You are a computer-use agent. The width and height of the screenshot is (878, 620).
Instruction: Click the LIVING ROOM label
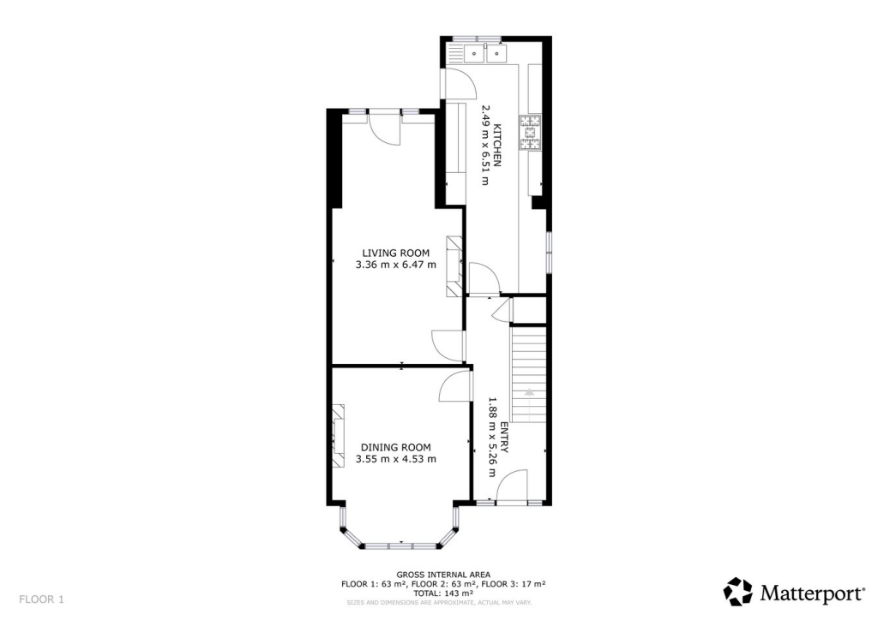[x=395, y=253]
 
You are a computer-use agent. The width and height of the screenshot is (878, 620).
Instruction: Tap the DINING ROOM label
[x=395, y=447]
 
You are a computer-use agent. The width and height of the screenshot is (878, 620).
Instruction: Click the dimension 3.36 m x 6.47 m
[x=395, y=265]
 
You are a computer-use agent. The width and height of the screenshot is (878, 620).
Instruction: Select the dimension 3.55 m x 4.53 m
[x=395, y=460]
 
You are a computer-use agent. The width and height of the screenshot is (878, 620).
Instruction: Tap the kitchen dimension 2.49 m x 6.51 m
[x=485, y=146]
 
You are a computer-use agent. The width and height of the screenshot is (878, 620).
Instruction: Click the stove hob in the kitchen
[x=531, y=133]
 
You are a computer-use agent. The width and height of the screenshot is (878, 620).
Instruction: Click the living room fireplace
[x=454, y=266]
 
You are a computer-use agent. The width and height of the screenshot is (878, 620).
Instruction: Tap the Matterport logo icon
[x=738, y=591]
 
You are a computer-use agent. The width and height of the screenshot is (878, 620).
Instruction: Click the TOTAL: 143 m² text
[x=443, y=593]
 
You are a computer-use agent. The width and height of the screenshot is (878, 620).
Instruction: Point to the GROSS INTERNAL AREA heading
[x=443, y=575]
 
